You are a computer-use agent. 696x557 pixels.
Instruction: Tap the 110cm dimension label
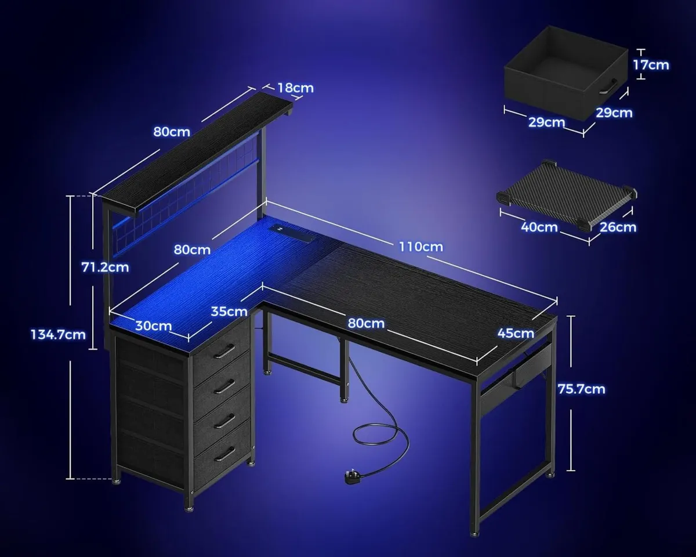tap(420, 247)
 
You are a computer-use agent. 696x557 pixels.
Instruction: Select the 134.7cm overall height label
tap(58, 335)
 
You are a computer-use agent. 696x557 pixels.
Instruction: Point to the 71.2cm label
tap(104, 267)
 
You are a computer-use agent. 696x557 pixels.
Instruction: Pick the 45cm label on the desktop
tap(516, 333)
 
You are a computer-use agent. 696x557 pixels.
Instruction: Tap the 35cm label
tap(229, 312)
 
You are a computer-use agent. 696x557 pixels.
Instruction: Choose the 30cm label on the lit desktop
tap(153, 325)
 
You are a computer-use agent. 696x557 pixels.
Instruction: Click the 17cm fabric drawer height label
tap(651, 65)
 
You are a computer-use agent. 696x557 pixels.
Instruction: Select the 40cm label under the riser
tap(539, 227)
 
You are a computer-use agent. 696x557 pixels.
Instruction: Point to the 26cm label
tap(618, 227)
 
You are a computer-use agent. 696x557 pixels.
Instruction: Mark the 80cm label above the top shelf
tap(172, 132)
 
